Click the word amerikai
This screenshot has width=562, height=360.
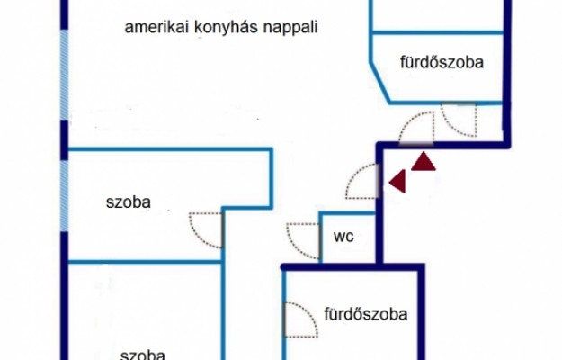pyautogui.click(x=153, y=27)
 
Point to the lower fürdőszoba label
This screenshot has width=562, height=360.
pyautogui.click(x=365, y=315)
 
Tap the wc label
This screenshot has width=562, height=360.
pyautogui.click(x=343, y=238)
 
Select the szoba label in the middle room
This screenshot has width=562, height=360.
pyautogui.click(x=128, y=202)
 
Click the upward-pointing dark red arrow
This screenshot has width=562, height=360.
pyautogui.click(x=423, y=162)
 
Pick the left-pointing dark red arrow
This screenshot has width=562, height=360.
pyautogui.click(x=395, y=183)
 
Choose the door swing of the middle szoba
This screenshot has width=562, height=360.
pyautogui.click(x=206, y=229)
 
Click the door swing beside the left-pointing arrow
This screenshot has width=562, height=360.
pyautogui.click(x=363, y=183)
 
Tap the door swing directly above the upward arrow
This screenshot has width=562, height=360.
pyautogui.click(x=417, y=126)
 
